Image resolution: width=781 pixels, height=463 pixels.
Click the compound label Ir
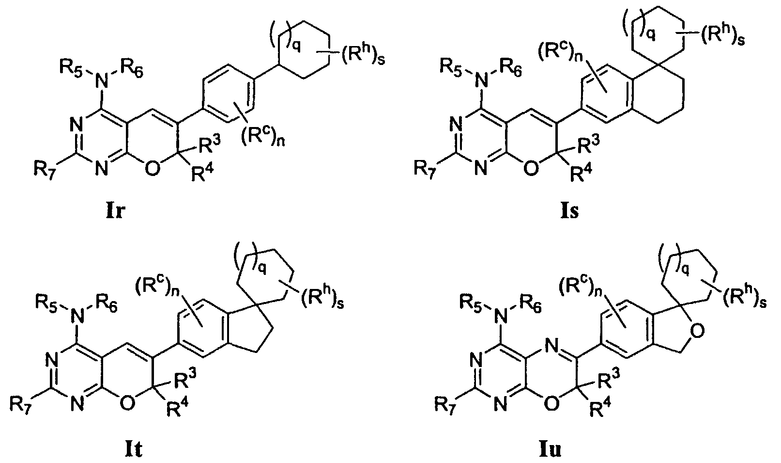115,211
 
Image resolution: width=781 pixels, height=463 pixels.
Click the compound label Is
569,211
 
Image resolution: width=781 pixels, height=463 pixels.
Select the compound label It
134,449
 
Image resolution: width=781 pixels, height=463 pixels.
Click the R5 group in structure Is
452,67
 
